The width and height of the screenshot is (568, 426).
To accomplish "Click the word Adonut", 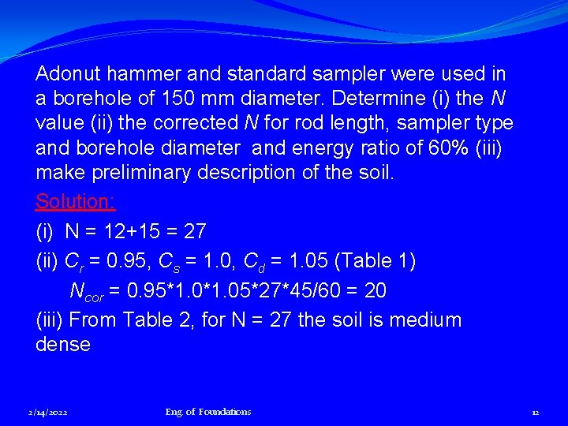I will [68, 74].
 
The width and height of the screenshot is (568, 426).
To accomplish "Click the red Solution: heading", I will [76, 201].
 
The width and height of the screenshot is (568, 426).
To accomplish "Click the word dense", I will [63, 345].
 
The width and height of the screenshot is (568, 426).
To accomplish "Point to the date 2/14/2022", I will [47, 412].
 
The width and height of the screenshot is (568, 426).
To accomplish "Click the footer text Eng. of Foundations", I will [208, 412].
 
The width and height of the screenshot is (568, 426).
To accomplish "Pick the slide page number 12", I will [535, 412].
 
